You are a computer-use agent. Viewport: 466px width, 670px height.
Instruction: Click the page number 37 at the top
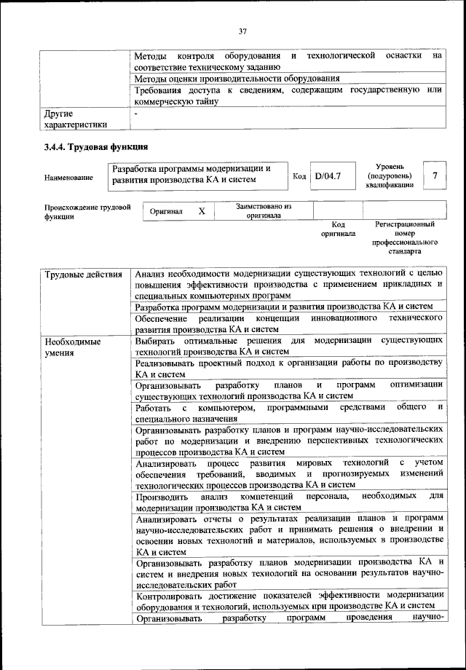point(242,31)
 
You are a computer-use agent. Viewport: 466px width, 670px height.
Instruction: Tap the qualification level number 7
point(435,176)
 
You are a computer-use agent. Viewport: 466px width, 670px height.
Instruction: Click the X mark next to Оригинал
point(202,211)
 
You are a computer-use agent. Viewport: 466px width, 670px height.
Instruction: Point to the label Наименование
point(68,177)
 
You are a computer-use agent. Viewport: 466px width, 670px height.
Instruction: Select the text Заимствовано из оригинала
point(264,211)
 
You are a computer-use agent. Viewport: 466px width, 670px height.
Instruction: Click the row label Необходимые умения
point(71,347)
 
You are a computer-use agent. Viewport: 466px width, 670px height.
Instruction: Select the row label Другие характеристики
point(75,119)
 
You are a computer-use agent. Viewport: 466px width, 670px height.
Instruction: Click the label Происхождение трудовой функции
point(87,211)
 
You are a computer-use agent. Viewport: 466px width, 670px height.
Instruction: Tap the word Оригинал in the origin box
point(165,211)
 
